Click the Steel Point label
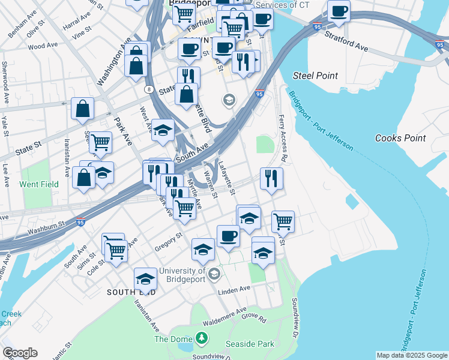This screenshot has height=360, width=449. (x=315, y=76)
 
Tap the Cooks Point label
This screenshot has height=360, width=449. (x=400, y=138)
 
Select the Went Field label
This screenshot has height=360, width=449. (x=39, y=184)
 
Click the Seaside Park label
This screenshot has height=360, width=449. (x=250, y=344)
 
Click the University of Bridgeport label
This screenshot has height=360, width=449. (x=183, y=275)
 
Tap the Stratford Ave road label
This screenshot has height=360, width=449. (x=346, y=38)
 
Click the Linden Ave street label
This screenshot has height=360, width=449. (x=234, y=289)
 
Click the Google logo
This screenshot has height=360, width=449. (x=20, y=353)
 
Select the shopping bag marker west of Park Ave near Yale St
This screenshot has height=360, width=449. (x=82, y=109)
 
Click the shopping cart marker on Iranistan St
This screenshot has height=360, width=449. (x=100, y=143)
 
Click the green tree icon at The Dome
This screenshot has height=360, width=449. (x=202, y=339)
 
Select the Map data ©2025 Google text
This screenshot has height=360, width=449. (x=411, y=355)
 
